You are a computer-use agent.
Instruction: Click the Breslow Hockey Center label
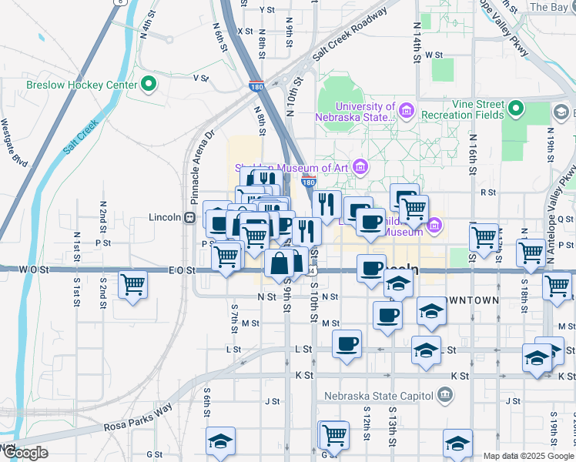(82, 85)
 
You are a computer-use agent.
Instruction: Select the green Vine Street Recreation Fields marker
(515, 109)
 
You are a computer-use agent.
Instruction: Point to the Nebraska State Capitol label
(369, 396)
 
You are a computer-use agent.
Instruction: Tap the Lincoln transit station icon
(188, 217)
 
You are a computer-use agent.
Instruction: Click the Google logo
(25, 453)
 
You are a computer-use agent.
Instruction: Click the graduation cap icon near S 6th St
(221, 442)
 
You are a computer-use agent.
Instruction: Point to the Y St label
(267, 9)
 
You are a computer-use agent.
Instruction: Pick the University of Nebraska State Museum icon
(406, 112)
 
